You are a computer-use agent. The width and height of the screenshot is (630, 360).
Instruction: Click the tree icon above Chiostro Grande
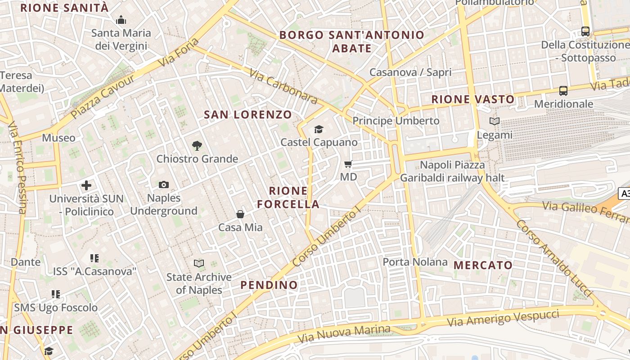tap(197, 145)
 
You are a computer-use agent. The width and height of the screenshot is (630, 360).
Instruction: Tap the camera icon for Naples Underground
tap(164, 184)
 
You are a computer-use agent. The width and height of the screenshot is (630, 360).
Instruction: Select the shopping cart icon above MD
tap(348, 164)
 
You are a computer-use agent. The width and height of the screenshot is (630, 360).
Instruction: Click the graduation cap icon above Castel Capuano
tap(319, 130)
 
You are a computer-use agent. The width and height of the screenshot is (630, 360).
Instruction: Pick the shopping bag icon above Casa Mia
tap(240, 214)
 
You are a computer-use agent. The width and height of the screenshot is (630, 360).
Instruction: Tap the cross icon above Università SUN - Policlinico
tap(86, 185)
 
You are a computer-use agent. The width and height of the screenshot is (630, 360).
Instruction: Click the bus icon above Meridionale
tap(563, 91)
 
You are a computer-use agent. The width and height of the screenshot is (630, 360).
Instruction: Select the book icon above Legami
tap(495, 121)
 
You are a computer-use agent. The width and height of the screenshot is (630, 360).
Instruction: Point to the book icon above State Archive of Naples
tap(199, 263)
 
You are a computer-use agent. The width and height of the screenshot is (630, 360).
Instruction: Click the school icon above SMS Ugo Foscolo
tap(56, 294)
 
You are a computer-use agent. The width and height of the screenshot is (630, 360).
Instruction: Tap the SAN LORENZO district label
tap(248, 115)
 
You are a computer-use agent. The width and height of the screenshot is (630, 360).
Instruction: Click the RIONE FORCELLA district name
tap(288, 198)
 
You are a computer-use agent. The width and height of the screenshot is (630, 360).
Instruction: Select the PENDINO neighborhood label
tap(269, 285)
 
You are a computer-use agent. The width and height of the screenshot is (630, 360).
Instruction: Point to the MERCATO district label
tap(483, 265)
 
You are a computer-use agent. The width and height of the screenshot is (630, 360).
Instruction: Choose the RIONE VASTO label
tap(473, 99)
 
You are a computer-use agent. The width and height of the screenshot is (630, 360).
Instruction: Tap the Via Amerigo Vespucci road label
tap(503, 318)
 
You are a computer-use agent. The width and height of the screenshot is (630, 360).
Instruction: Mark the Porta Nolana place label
tap(415, 262)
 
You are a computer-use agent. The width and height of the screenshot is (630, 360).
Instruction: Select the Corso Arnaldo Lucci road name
tap(553, 258)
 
